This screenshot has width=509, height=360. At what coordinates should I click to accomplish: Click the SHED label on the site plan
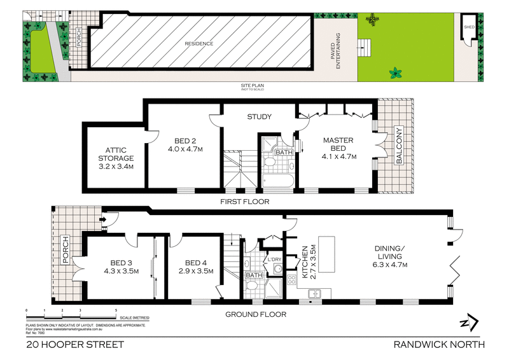(469, 27)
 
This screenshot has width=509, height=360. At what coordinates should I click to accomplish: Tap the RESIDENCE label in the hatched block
(199, 44)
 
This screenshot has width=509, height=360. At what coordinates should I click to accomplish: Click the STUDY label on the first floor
(259, 117)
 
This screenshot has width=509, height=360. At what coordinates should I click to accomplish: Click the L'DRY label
(275, 260)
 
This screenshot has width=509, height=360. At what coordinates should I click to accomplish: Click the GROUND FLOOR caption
(255, 314)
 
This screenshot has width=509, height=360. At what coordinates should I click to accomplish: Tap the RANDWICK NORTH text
(440, 345)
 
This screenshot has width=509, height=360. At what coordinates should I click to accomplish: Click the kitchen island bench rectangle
(326, 246)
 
